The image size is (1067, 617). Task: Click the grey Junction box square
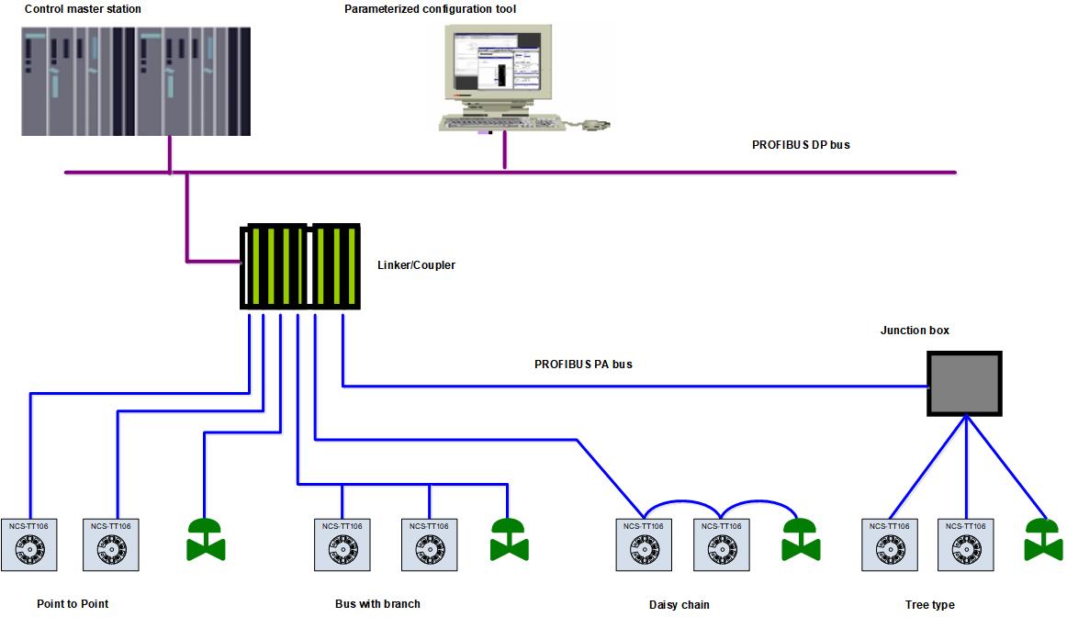click(x=963, y=384)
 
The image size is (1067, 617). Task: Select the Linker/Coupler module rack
click(x=299, y=266)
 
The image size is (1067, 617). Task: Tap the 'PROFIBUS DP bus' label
click(x=801, y=144)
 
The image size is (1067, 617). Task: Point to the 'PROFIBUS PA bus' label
click(x=583, y=365)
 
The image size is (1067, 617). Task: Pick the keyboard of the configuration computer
click(x=500, y=123)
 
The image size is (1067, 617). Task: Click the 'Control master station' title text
click(x=83, y=9)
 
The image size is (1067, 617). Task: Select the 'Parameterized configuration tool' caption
click(x=430, y=9)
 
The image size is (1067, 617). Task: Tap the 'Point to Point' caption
click(x=73, y=603)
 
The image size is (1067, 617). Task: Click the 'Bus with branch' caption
click(x=377, y=603)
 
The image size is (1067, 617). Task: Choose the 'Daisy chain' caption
click(x=679, y=604)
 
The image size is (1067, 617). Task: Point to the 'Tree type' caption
click(x=929, y=604)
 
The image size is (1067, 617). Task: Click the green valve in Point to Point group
click(x=206, y=540)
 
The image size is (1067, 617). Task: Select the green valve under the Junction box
click(x=1044, y=540)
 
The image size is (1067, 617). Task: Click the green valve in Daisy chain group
click(x=801, y=540)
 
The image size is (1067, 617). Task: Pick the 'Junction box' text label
click(x=915, y=330)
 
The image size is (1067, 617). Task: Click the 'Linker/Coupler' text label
click(x=416, y=265)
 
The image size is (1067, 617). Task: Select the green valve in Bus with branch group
click(x=509, y=540)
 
